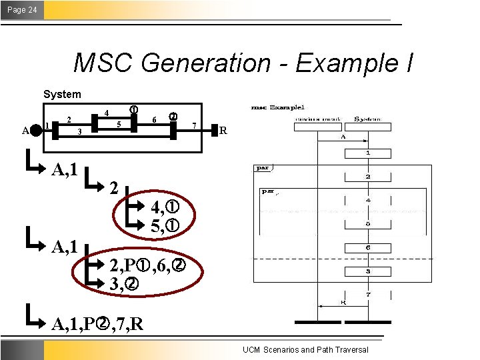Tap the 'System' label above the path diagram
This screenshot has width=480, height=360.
coord(62,95)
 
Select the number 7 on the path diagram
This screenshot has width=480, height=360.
coord(193,125)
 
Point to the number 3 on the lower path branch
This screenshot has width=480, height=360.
coord(79,132)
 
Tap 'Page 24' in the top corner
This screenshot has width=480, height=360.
coord(23,9)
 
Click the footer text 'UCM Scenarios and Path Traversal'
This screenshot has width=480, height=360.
coord(305,350)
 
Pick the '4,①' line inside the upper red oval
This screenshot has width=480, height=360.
coord(163,206)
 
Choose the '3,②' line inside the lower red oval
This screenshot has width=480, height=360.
coord(125,285)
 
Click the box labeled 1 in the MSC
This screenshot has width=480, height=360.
coord(367,153)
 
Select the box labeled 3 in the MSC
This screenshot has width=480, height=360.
coord(367,272)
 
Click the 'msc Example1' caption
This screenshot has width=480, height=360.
coord(277,107)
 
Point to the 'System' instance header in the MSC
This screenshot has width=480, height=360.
coord(367,119)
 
